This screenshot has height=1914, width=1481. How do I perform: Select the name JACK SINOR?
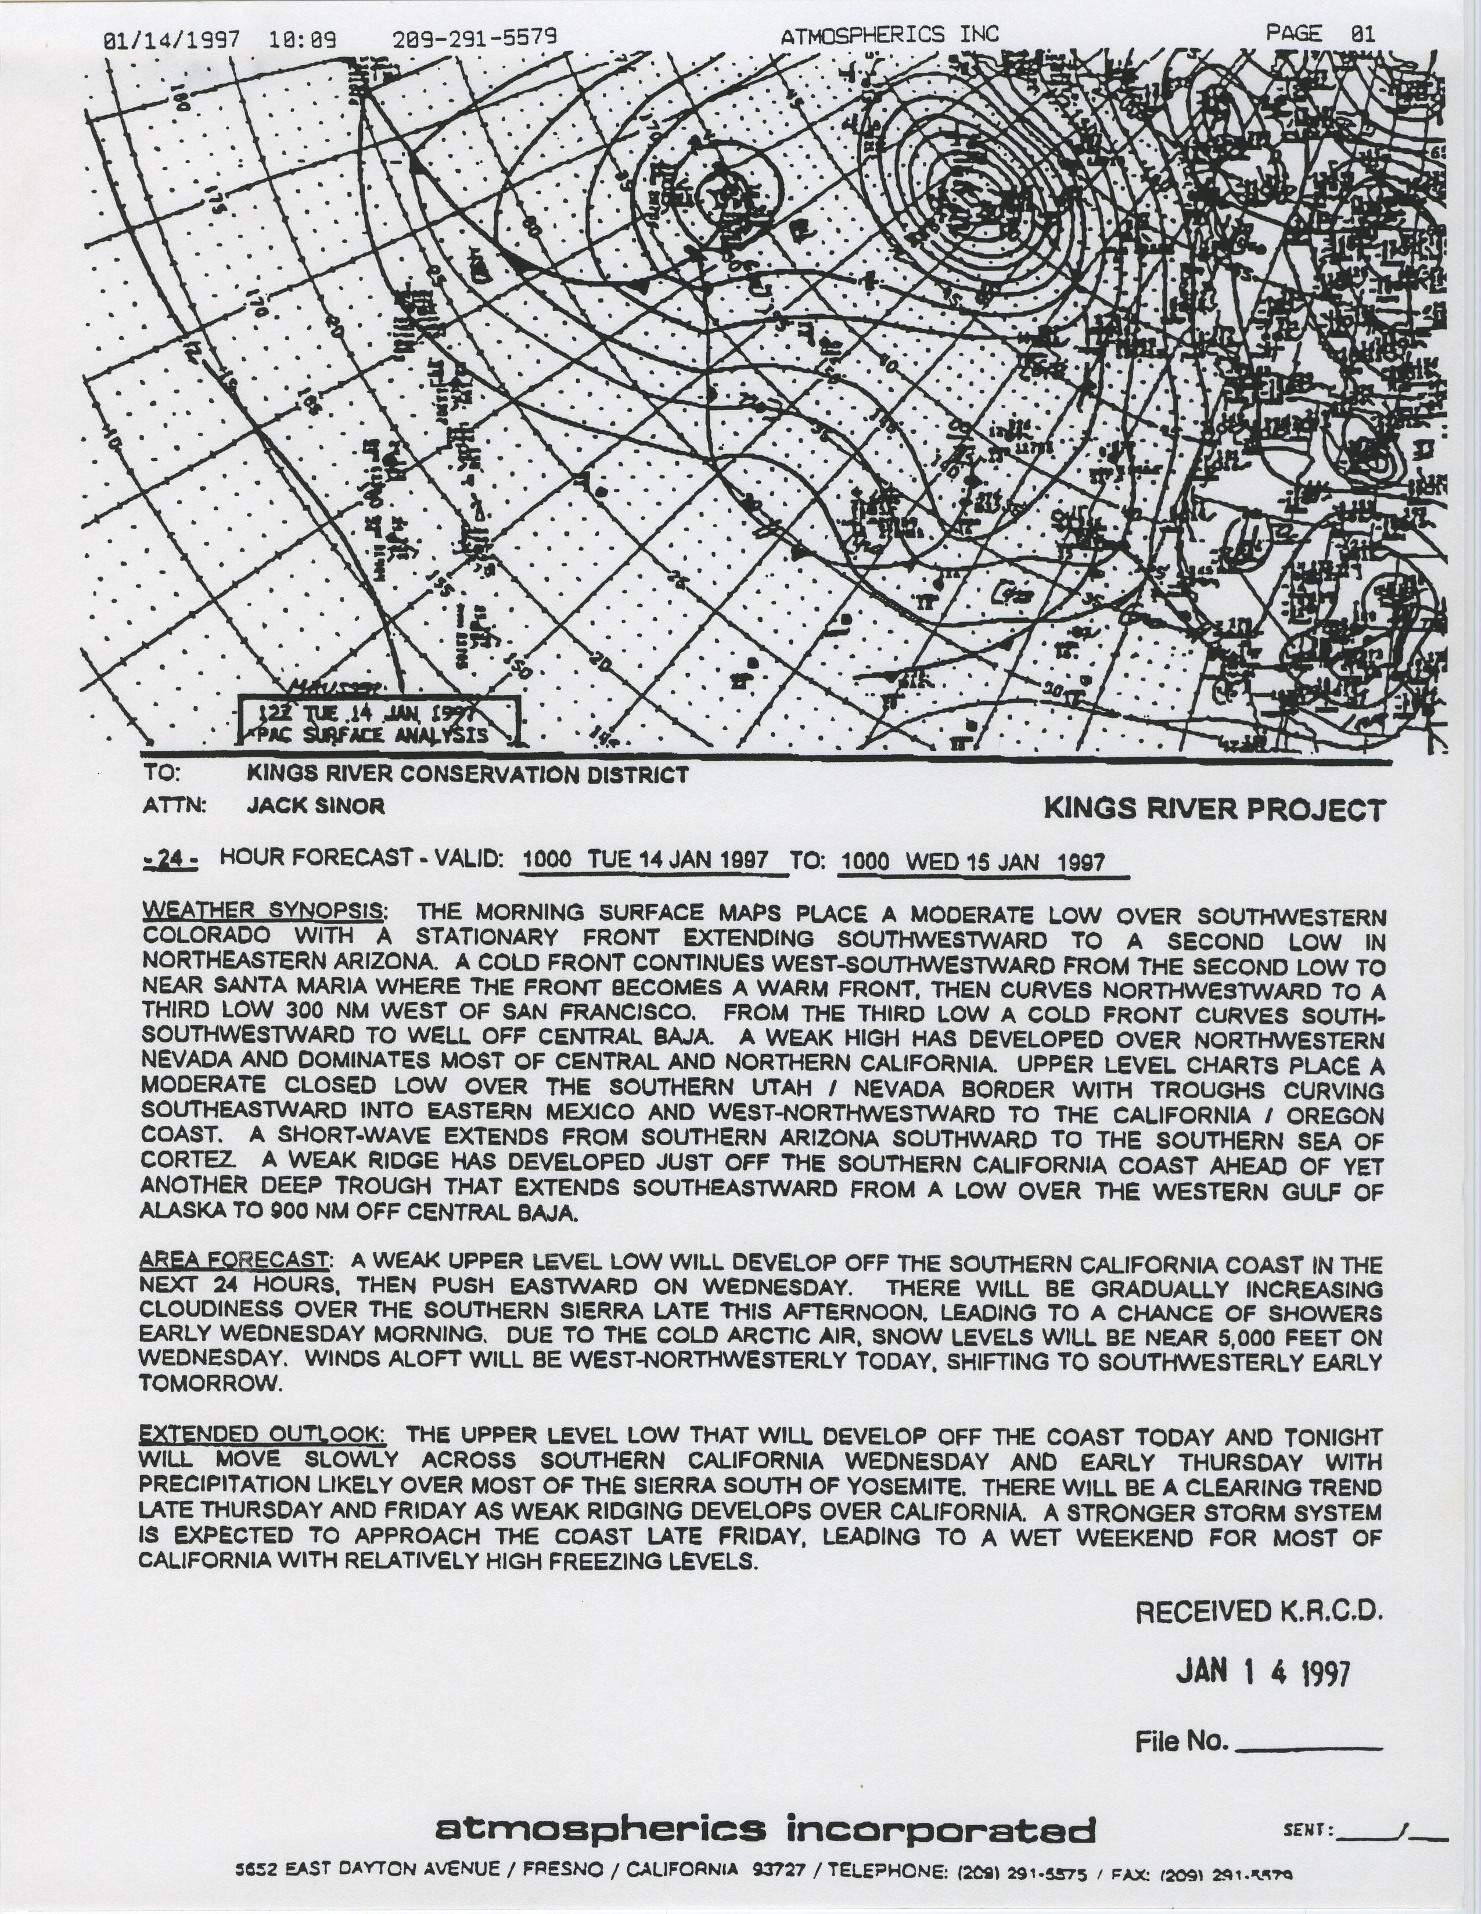coord(315,805)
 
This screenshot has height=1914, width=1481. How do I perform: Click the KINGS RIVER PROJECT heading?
coord(1214,810)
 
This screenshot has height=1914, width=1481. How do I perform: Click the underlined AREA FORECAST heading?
coord(235,1260)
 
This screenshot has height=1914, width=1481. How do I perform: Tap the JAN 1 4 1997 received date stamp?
coord(1262,1672)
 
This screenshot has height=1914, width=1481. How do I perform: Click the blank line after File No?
coord(1307,1740)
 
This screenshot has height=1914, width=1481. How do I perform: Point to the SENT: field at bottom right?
coord(1363,1830)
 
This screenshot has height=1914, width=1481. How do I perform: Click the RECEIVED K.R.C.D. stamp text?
coord(1259,1611)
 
